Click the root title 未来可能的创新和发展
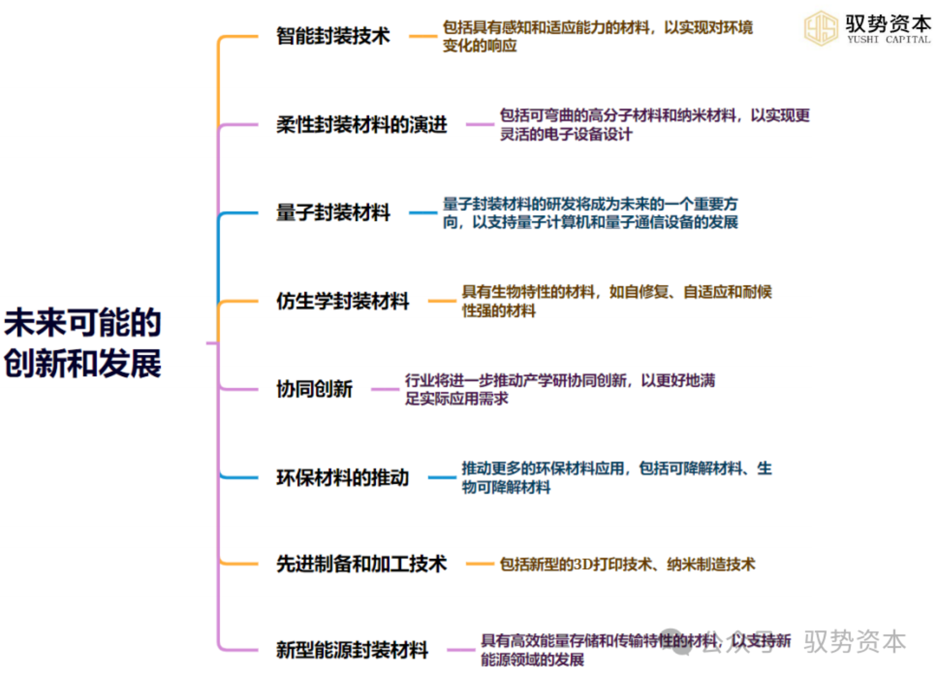[83, 343]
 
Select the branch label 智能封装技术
[333, 36]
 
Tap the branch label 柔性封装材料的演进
[362, 124]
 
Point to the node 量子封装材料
[333, 213]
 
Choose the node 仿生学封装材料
[343, 301]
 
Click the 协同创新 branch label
[314, 389]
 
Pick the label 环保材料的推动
[343, 478]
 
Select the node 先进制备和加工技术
[362, 564]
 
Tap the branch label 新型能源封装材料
[352, 650]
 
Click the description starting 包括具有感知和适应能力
[597, 36]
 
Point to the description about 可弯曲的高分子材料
[655, 124]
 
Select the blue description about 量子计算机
[591, 213]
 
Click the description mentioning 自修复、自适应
[617, 301]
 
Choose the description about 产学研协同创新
[560, 389]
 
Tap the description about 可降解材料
[617, 478]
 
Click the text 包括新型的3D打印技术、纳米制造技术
[627, 564]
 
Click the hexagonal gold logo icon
[821, 28]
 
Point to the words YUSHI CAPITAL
[889, 40]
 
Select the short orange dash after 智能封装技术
[423, 36]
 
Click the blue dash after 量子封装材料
[423, 213]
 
